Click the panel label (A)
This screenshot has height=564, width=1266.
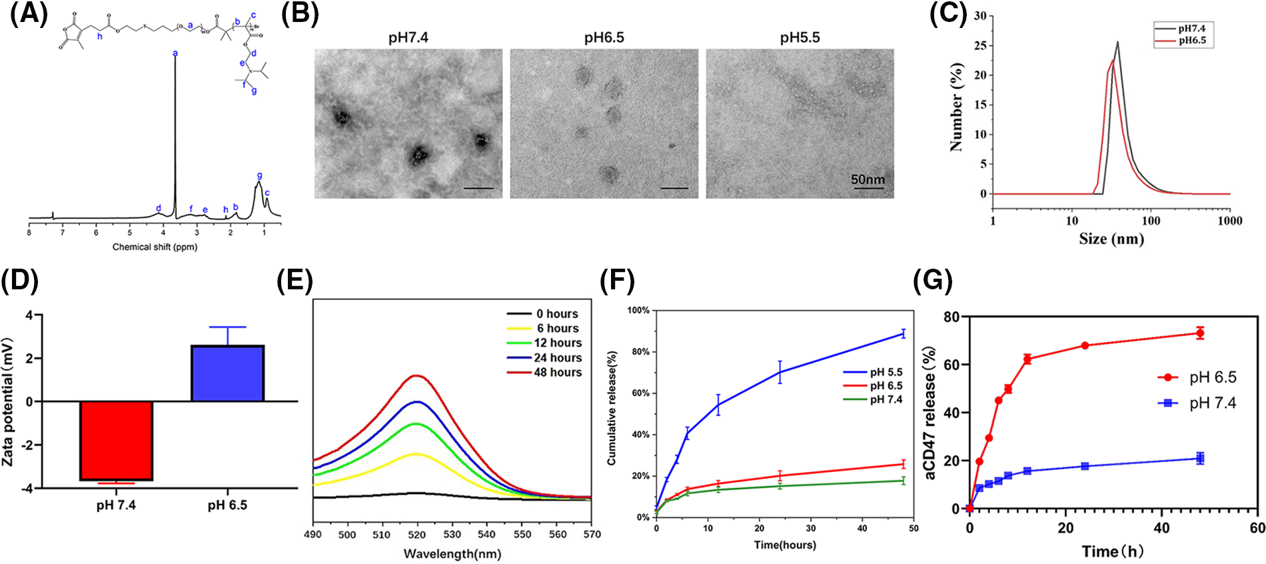[x=29, y=14]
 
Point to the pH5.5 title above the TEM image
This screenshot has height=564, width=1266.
[x=800, y=37]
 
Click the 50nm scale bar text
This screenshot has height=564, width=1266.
[x=868, y=179]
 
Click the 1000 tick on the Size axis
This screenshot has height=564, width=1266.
[x=1229, y=221]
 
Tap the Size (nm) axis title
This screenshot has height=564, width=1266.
[x=1111, y=239]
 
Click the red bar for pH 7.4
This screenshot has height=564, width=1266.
[x=116, y=440]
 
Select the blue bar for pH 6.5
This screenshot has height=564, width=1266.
[x=227, y=373]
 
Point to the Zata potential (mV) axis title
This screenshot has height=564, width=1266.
[x=8, y=401]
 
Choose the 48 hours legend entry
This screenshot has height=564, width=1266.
[x=557, y=372]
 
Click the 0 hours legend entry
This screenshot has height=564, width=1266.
[x=557, y=314]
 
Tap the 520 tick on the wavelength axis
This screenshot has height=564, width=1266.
[x=416, y=534]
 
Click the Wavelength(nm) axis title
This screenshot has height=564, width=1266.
[x=452, y=554]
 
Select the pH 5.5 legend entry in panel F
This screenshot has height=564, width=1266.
[x=886, y=372]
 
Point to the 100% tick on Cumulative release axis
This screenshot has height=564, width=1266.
[x=638, y=311]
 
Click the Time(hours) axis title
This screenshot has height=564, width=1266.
[x=784, y=545]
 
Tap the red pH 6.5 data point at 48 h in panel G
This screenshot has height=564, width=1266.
[x=1200, y=333]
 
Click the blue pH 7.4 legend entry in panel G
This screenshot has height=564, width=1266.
[x=1212, y=403]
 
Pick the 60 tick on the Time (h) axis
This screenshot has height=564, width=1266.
[x=1257, y=529]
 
